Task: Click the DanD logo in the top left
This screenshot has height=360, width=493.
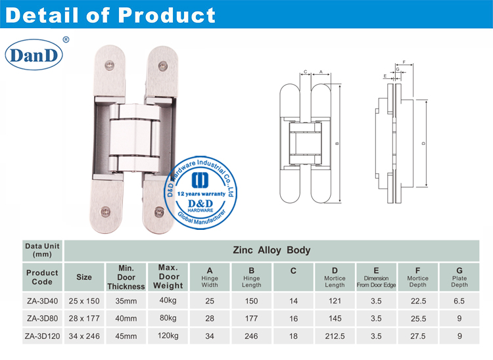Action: pos(34,55)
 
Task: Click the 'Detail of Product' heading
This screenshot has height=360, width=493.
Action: pos(109,14)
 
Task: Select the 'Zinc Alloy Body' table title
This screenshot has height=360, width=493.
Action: pos(271,250)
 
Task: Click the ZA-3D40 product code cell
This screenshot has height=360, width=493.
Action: pos(42,301)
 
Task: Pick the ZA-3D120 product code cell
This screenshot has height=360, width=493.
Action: pos(42,336)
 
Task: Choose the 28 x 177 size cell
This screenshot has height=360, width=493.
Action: pos(84,319)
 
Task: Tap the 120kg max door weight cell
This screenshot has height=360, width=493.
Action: pos(168,336)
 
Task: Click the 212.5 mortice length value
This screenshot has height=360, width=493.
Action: pos(335,336)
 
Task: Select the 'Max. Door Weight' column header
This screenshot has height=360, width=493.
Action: pos(168,277)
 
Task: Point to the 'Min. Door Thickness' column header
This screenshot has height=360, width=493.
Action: pos(126,277)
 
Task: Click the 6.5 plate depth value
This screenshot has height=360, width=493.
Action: pos(459,301)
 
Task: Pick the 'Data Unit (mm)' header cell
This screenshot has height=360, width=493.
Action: pos(42,250)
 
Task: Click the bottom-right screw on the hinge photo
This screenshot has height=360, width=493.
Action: pos(158,212)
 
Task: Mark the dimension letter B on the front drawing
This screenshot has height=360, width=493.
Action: pos(337,143)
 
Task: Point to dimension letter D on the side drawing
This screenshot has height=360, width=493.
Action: pos(423,143)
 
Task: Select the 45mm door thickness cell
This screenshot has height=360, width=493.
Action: pos(126,336)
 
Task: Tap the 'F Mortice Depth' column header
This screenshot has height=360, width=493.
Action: pos(417,277)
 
